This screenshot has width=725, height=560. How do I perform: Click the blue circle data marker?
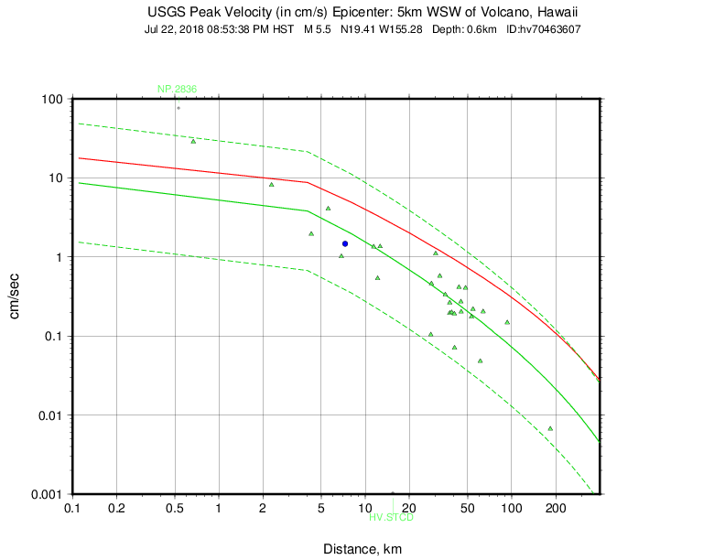pyautogui.click(x=344, y=244)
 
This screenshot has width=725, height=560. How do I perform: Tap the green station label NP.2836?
pyautogui.click(x=177, y=89)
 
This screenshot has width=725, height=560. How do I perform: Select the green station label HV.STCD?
pyautogui.click(x=392, y=518)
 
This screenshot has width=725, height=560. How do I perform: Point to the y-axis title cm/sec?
pyautogui.click(x=16, y=296)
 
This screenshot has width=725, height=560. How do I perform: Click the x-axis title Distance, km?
pyautogui.click(x=362, y=549)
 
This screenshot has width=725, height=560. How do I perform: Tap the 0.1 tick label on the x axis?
pyautogui.click(x=72, y=508)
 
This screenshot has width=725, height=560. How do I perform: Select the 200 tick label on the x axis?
pyautogui.click(x=555, y=508)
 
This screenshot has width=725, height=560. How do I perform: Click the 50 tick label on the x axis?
pyautogui.click(x=467, y=508)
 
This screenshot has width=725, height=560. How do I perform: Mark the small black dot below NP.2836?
pyautogui.click(x=179, y=108)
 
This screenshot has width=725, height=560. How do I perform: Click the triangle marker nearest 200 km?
pyautogui.click(x=550, y=428)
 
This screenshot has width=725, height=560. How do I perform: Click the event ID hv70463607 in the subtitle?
pyautogui.click(x=550, y=29)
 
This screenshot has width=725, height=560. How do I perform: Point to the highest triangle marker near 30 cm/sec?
pyautogui.click(x=193, y=141)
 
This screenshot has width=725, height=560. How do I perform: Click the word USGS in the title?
pyautogui.click(x=166, y=13)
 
